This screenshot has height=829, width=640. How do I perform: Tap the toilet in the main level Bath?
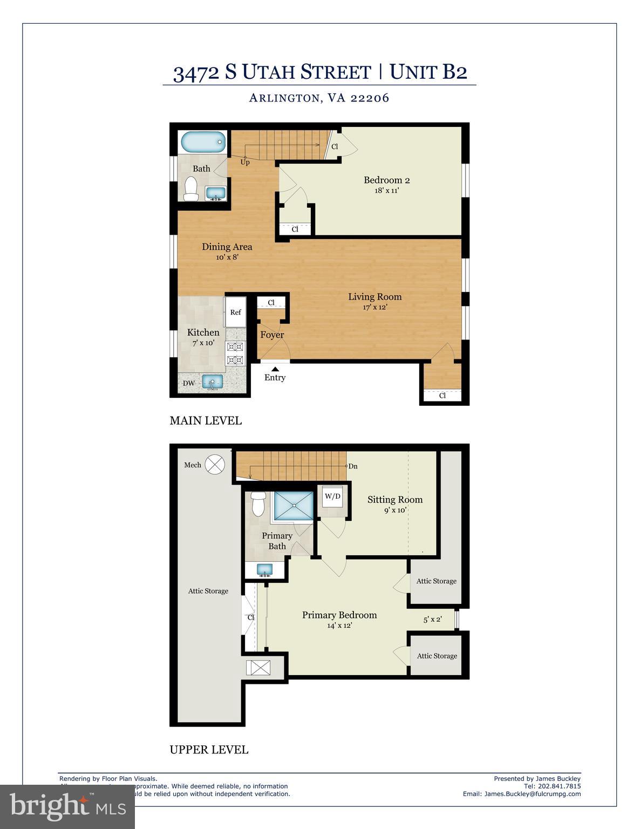(x=190, y=188)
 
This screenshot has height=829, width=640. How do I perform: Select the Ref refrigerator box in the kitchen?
(x=235, y=312)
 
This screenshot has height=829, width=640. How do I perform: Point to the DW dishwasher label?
(x=189, y=383)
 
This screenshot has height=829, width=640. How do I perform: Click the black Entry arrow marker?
(x=275, y=368)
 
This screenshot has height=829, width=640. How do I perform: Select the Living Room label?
(x=375, y=296)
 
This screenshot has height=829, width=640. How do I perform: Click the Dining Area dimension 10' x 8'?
(x=227, y=257)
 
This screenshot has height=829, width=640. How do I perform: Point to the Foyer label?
(x=272, y=335)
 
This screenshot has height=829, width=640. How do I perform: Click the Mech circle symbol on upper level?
(x=215, y=464)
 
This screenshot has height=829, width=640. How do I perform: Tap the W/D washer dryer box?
(x=332, y=496)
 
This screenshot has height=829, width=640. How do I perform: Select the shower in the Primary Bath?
(x=293, y=506)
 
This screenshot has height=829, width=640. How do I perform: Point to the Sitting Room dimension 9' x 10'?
(x=395, y=510)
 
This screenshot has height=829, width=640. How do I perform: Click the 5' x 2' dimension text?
(x=432, y=619)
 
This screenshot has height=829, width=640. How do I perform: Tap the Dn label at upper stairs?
(x=353, y=466)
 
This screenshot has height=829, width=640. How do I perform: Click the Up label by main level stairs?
(x=245, y=162)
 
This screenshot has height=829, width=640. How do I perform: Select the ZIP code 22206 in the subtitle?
(x=370, y=98)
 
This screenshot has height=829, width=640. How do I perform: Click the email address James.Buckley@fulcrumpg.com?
(x=532, y=793)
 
